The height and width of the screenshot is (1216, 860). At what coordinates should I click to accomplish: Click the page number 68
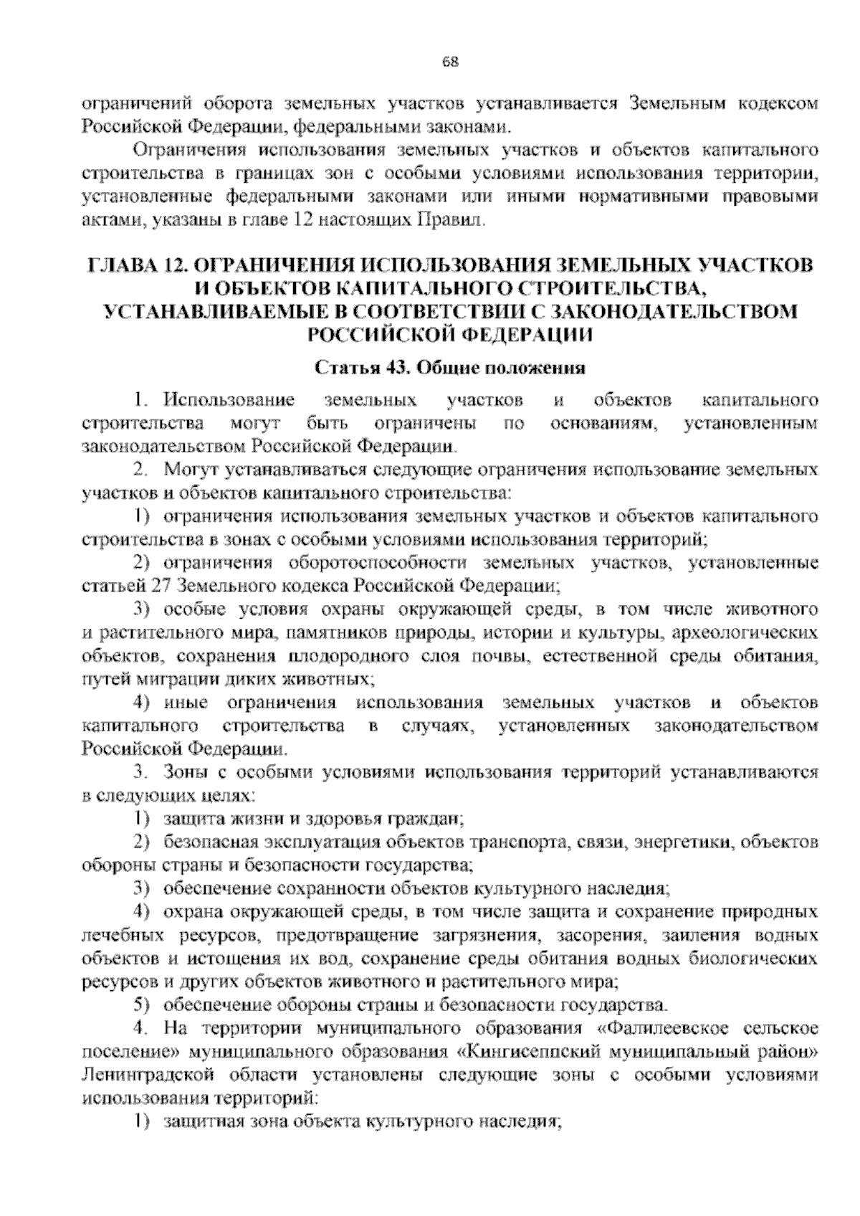[x=450, y=61]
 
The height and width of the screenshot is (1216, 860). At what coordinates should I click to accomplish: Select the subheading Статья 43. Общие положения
[x=450, y=369]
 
